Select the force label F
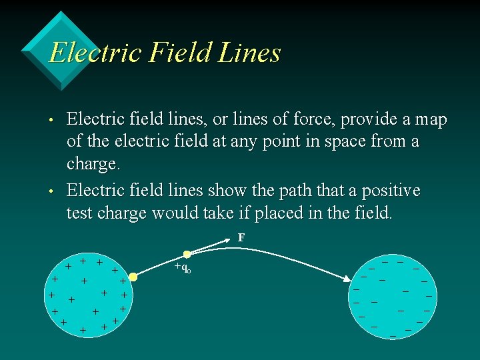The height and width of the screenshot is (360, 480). [241, 237]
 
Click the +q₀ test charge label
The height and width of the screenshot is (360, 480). [182, 268]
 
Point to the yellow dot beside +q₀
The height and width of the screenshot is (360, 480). [187, 254]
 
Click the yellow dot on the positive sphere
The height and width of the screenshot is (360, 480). [133, 276]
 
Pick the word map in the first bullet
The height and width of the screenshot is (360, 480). [430, 120]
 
